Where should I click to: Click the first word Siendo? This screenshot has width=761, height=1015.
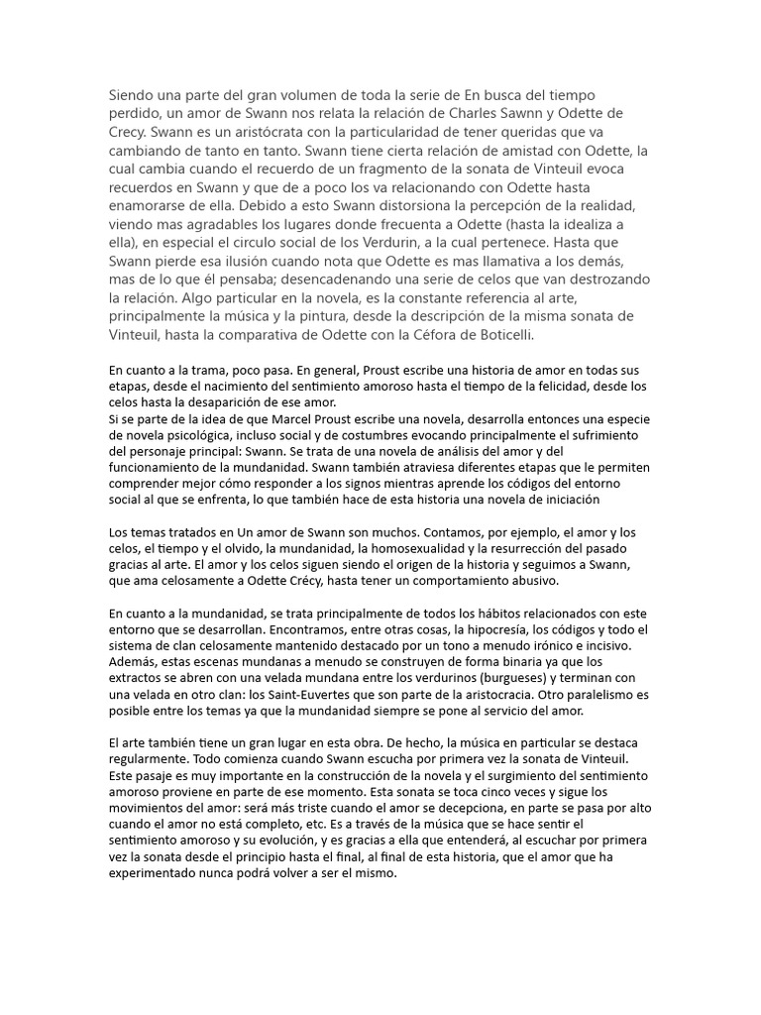[x=132, y=95]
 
